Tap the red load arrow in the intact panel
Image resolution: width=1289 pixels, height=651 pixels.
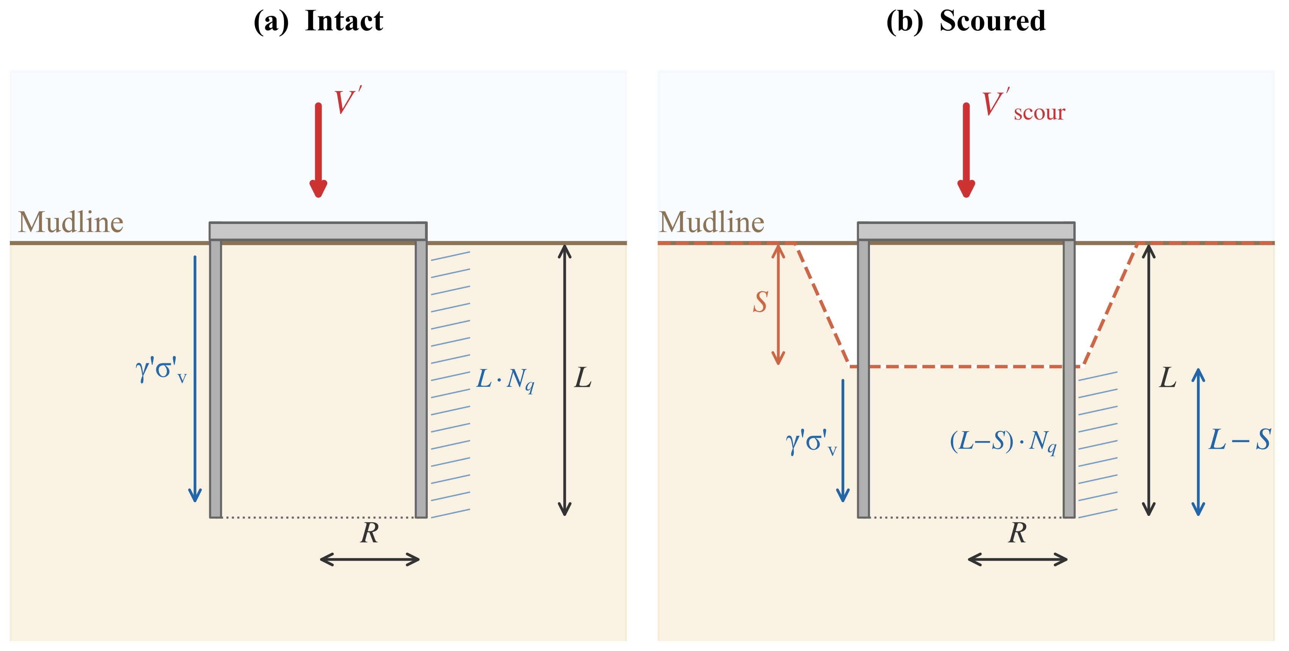point(318,150)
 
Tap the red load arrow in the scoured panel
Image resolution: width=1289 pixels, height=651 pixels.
point(966,150)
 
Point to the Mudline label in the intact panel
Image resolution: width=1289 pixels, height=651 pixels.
point(71,222)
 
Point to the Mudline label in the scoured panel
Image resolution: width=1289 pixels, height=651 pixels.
point(711,222)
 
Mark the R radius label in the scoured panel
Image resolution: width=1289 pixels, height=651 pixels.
point(1017,533)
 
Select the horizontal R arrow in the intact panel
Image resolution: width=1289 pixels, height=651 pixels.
point(370,560)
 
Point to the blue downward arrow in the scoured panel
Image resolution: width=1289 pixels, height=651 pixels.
point(843,441)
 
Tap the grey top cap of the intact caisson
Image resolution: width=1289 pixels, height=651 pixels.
point(318,231)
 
